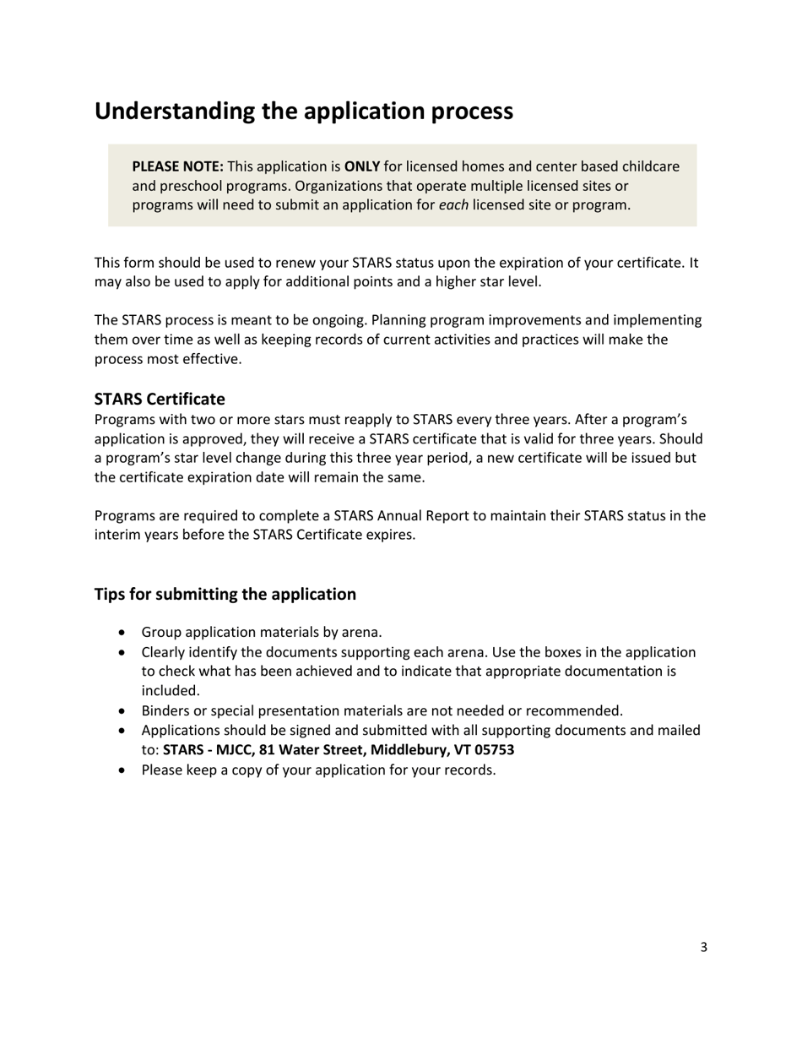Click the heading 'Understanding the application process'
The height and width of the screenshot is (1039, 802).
coord(303,111)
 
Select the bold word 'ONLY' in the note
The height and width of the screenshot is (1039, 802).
coord(361,166)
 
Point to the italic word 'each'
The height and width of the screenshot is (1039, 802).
coord(453,205)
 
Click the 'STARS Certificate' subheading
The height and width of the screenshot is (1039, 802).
coord(160,399)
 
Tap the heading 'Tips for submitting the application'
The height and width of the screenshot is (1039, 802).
coord(225,594)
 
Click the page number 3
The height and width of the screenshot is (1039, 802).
coord(703,947)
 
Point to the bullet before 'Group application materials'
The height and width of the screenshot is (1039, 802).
coord(124,633)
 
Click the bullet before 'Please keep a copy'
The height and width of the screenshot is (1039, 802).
coord(124,770)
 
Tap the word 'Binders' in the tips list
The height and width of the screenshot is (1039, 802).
coord(165,711)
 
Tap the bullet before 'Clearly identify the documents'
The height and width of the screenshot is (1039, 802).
coord(124,653)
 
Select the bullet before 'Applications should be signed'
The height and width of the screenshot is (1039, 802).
coord(124,731)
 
